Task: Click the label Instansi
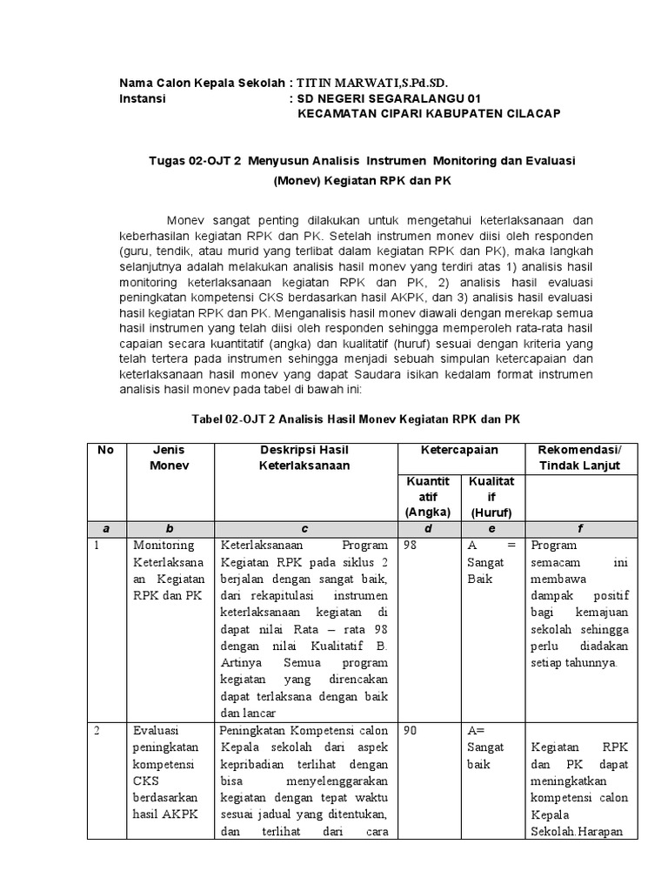(x=142, y=98)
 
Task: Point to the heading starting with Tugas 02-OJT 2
(x=363, y=162)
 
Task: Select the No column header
(x=105, y=450)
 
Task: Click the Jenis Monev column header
(x=170, y=458)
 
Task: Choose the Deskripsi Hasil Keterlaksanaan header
(x=304, y=458)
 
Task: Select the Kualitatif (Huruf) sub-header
(x=492, y=496)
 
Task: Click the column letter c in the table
(x=304, y=527)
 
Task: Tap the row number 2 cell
(x=99, y=731)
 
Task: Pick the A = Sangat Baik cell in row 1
(x=492, y=561)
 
